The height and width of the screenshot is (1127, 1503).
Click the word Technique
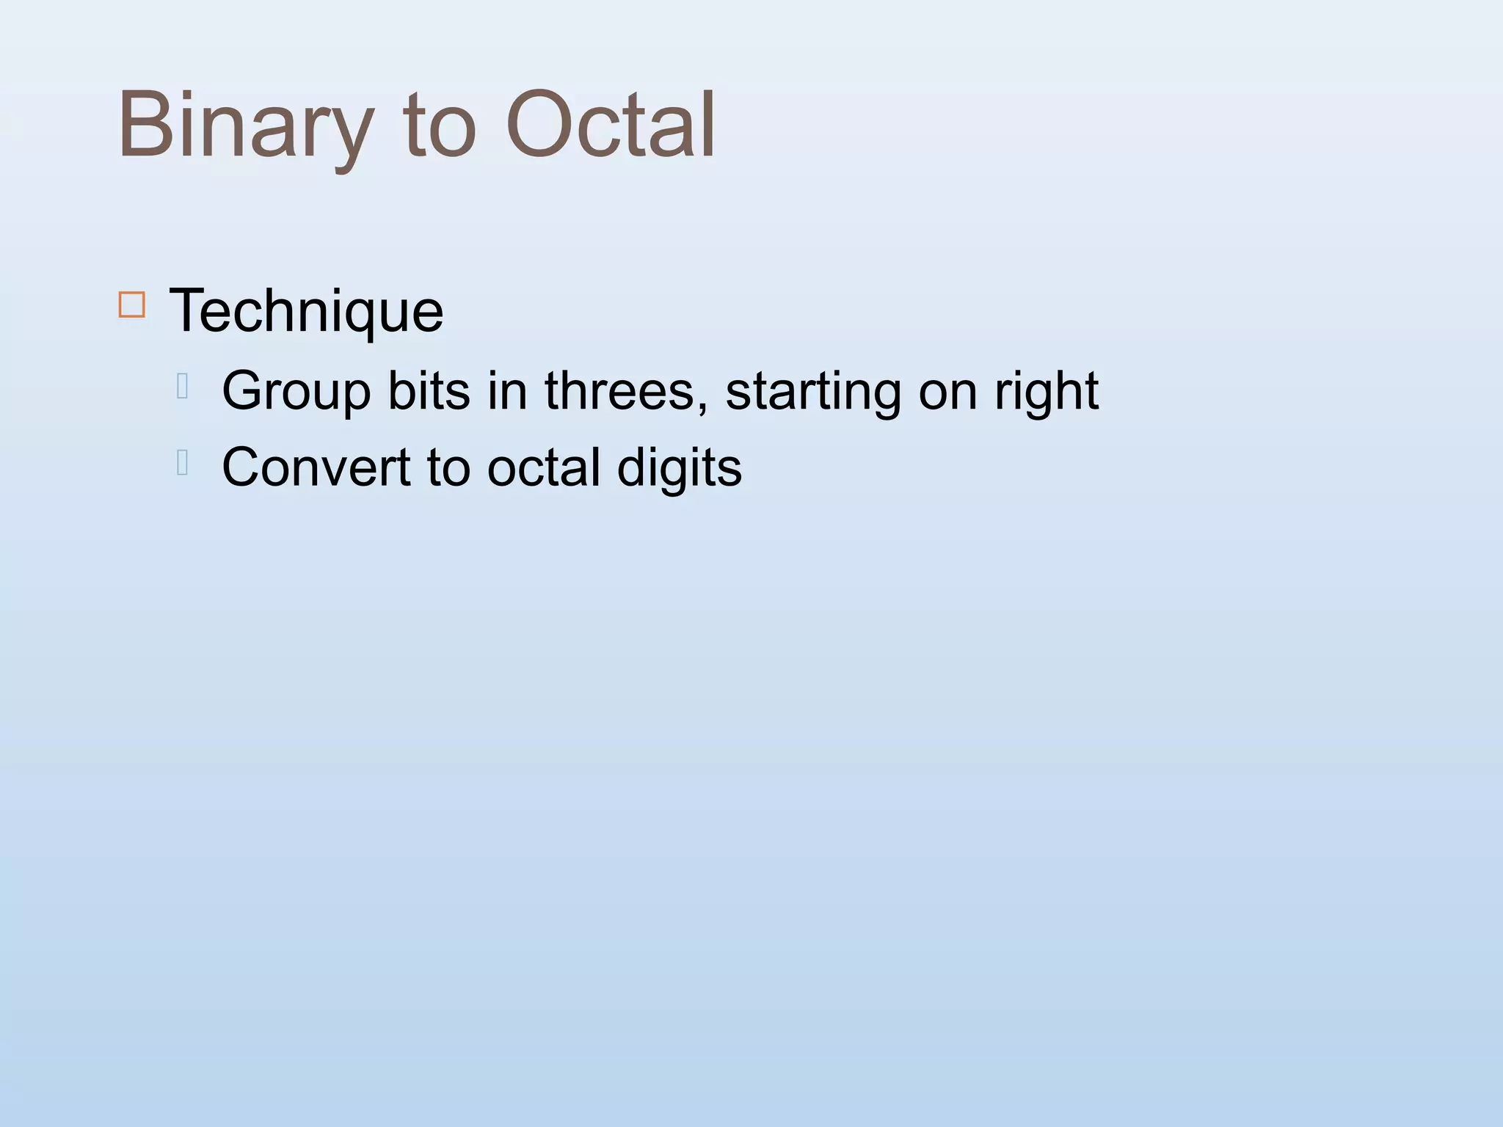(x=306, y=311)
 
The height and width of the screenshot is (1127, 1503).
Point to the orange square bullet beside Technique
(x=132, y=304)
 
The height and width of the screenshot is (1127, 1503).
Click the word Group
(x=296, y=392)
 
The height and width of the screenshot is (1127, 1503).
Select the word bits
(x=428, y=390)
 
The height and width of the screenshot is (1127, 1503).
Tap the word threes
(x=619, y=390)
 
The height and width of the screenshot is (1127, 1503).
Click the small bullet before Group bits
(x=183, y=386)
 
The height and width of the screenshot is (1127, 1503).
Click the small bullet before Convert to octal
(x=183, y=463)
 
